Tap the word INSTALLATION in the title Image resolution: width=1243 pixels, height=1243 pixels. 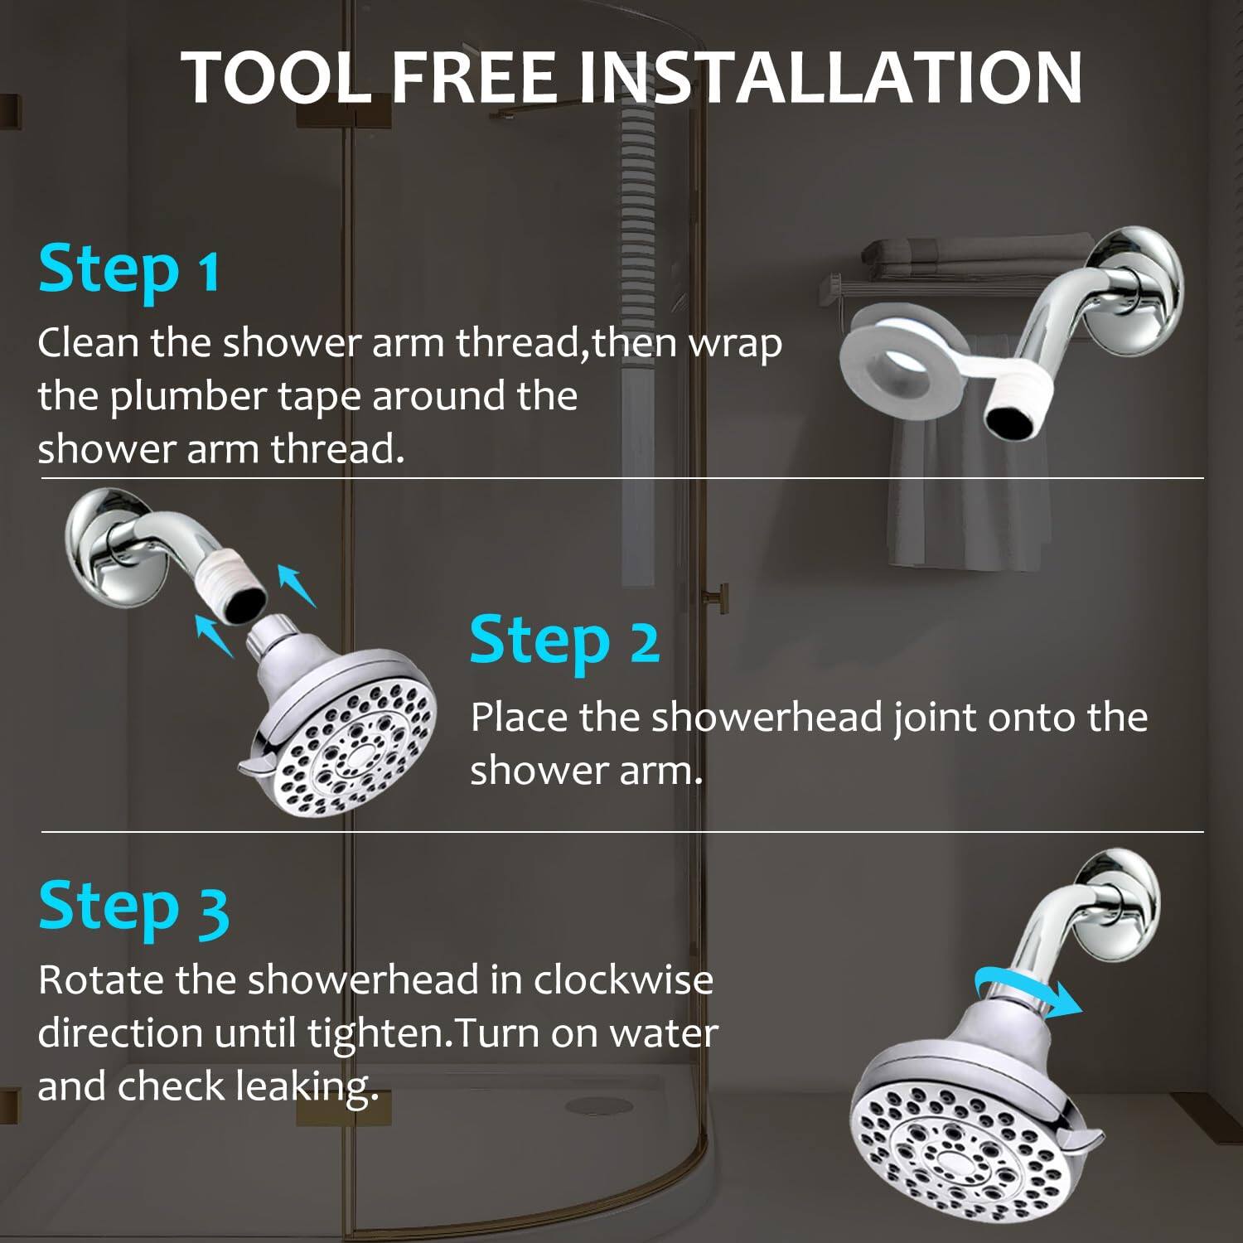pyautogui.click(x=829, y=77)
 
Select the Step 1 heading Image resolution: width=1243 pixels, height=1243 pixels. pyautogui.click(x=129, y=269)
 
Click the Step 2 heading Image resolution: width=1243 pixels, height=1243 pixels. pyautogui.click(x=564, y=641)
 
